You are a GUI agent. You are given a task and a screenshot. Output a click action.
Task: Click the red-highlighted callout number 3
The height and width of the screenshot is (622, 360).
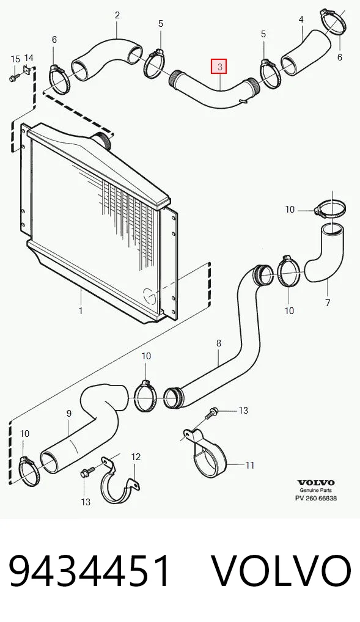coord(219,66)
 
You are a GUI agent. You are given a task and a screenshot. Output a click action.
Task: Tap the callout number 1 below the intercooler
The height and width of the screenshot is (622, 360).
coord(81,310)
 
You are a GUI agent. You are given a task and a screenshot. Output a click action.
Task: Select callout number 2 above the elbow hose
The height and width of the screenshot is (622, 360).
coord(117,15)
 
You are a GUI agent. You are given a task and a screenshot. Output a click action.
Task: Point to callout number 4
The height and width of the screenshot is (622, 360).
coord(301,19)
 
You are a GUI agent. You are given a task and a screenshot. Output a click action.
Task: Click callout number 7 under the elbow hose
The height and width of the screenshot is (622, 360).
coord(328,302)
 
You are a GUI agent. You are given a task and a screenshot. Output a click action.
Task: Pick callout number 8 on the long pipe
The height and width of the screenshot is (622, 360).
coord(219,343)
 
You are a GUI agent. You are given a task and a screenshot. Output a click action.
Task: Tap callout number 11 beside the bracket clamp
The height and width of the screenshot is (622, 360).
coord(249,465)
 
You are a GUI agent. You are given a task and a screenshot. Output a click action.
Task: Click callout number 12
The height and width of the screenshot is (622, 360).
coord(136,456)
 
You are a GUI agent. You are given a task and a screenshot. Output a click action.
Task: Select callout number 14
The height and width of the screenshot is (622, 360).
coord(29,59)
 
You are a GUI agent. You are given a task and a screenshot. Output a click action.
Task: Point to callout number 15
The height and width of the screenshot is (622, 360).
coord(15,59)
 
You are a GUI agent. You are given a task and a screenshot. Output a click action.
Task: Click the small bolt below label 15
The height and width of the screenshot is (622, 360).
coord(13,78)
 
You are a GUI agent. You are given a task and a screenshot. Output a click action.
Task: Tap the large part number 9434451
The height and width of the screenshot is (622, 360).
coord(90,572)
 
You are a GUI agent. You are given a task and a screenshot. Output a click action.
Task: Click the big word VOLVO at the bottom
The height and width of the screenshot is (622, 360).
coord(281,572)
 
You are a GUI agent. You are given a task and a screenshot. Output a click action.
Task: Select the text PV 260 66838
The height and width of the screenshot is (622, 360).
coord(316,498)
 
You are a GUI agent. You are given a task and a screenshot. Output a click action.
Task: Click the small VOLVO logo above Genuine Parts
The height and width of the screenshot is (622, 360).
coord(316,483)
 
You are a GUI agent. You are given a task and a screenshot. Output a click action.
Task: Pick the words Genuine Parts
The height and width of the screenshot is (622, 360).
coord(316,491)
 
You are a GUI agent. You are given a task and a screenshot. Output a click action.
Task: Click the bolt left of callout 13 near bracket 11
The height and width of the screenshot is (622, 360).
coord(211,413)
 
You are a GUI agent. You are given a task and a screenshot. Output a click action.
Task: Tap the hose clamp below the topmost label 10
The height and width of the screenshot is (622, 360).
coord(330,208)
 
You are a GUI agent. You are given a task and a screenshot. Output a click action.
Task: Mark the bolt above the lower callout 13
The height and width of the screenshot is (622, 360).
coord(87,472)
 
